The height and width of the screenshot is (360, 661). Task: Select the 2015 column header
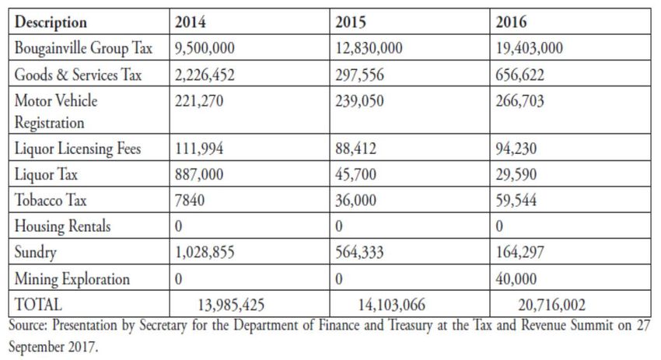[350, 23]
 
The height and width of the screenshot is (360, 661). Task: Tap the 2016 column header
[512, 23]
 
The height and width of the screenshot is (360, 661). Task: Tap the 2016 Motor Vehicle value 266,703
[521, 101]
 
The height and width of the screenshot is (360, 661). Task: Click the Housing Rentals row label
[63, 226]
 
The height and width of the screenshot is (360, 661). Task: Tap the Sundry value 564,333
[361, 253]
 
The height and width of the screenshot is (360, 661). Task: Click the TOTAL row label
[38, 304]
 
